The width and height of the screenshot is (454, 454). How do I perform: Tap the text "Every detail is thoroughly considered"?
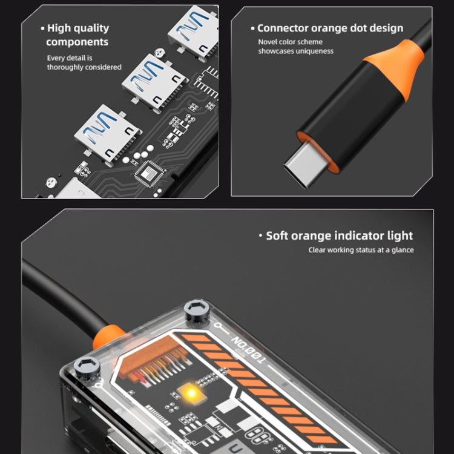pos(84,62)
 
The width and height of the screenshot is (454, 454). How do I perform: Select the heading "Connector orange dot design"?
pos(327,28)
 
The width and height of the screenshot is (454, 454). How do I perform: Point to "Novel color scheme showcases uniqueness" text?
pos(295,47)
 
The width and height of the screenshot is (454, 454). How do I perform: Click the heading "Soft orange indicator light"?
pos(336,235)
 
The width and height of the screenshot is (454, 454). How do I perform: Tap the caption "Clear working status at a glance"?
pos(361,250)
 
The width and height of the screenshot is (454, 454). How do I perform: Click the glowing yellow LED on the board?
pos(191,393)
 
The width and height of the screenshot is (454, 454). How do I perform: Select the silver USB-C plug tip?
pos(305,165)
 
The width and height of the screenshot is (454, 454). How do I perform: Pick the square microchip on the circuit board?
pos(150,174)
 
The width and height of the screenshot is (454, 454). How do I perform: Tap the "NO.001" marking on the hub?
pos(249,350)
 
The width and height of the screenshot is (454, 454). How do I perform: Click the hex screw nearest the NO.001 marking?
pos(197,312)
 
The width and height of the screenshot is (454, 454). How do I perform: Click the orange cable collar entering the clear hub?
pos(107,337)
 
